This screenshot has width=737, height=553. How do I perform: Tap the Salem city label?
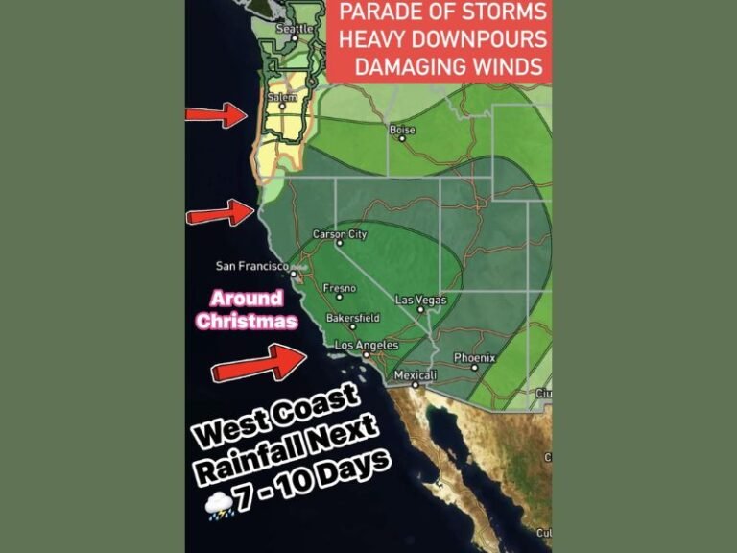282,98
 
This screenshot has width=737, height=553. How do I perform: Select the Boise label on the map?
402,130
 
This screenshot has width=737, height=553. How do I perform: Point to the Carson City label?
340,234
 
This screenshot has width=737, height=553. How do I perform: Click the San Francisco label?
251,266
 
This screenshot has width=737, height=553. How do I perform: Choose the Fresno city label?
340,288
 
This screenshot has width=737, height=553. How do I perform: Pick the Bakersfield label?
353,318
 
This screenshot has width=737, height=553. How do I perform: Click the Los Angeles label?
364,345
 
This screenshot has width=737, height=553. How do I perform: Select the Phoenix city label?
474,358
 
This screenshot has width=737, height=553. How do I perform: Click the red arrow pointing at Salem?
218,115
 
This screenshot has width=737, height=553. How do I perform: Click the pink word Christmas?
247,322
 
